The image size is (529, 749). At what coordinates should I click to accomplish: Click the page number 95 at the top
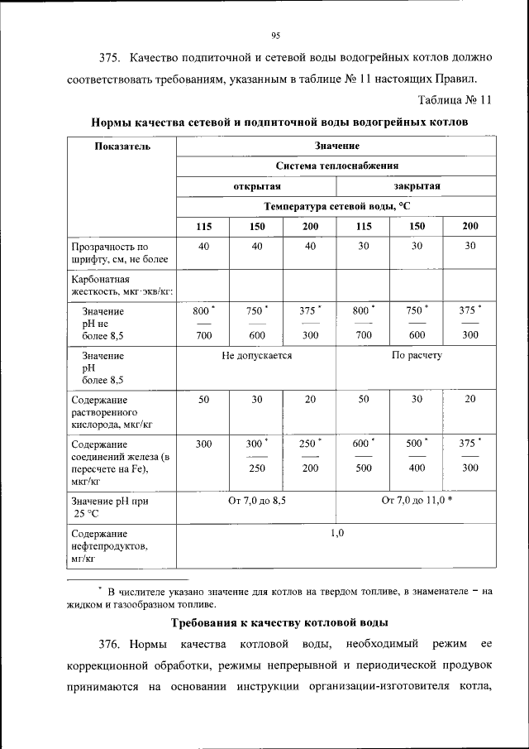click(x=276, y=35)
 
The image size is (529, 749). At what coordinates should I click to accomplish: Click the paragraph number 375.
click(x=111, y=58)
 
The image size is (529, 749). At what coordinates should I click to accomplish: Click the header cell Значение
click(x=336, y=146)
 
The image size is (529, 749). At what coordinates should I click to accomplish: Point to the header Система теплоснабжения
click(x=336, y=166)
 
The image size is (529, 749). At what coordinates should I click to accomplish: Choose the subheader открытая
click(x=256, y=186)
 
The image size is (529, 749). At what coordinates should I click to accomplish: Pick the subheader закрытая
click(x=416, y=186)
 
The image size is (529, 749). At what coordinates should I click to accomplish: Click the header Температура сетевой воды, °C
click(x=336, y=206)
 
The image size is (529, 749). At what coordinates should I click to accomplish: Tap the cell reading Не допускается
click(x=256, y=355)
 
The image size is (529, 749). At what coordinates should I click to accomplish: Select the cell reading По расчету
click(x=416, y=355)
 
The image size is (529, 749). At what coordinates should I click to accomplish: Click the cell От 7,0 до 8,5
click(x=256, y=502)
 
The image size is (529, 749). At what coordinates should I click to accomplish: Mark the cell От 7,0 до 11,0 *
click(x=417, y=502)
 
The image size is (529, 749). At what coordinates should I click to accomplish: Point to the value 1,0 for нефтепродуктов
click(x=336, y=533)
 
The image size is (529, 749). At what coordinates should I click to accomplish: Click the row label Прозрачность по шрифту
click(x=108, y=252)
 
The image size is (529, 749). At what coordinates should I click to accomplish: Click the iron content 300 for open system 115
click(x=203, y=444)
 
